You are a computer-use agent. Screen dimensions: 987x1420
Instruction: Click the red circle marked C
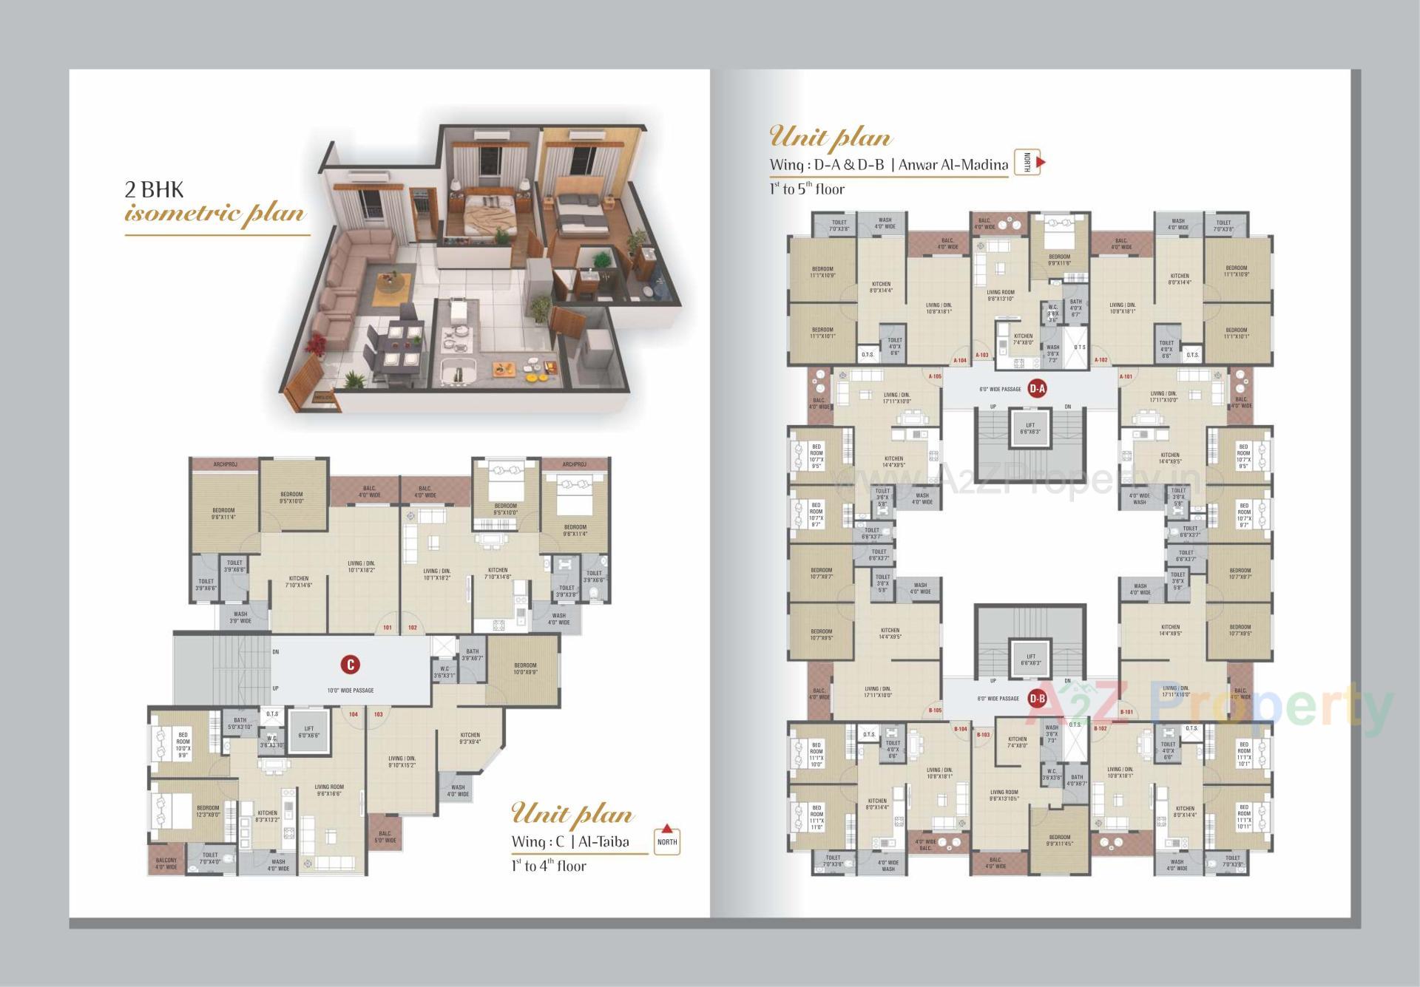tap(351, 664)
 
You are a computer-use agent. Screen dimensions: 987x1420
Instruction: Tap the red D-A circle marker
tap(1037, 389)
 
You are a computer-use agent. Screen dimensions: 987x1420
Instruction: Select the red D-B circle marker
tap(1037, 698)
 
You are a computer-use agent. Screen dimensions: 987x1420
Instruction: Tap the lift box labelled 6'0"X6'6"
tap(308, 731)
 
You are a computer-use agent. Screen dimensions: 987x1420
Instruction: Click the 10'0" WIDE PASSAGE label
tap(351, 691)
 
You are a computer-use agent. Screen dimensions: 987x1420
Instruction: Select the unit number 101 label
tap(387, 628)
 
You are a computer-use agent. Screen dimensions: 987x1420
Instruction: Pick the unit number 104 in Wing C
tap(354, 714)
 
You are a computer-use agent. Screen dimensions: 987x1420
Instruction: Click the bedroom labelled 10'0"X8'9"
tap(525, 668)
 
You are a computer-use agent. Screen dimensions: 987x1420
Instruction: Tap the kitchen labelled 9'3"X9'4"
tap(470, 738)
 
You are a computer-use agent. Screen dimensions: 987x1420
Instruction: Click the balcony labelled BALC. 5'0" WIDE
tap(385, 836)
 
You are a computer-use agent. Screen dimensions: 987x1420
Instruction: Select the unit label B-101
tap(1126, 712)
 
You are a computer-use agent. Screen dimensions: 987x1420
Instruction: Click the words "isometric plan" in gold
tap(214, 214)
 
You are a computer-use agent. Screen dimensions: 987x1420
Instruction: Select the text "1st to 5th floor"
tap(806, 189)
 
